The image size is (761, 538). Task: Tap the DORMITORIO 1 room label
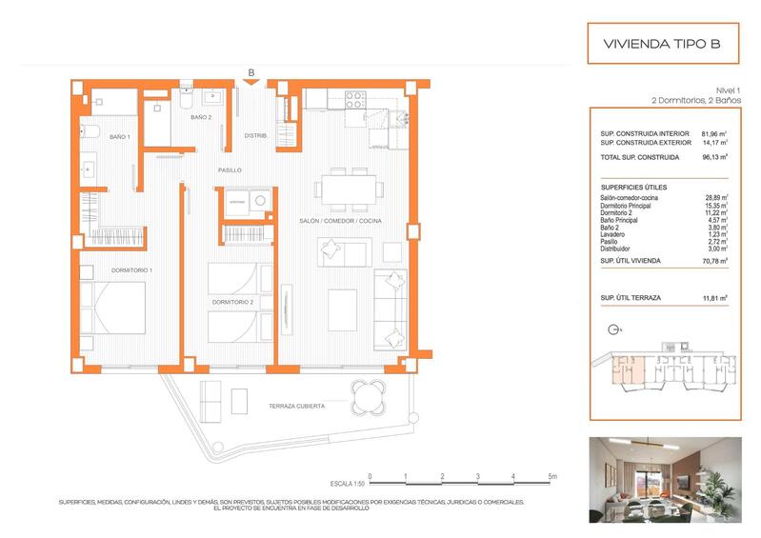(131, 269)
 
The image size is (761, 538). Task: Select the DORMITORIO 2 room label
(232, 302)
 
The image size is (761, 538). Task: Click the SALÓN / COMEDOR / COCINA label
(339, 220)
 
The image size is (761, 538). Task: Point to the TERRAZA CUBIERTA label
(297, 406)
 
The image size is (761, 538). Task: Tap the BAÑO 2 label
(200, 117)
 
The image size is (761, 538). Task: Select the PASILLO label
(230, 169)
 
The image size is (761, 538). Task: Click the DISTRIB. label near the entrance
(255, 135)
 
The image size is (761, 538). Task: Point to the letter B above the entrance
(250, 71)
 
